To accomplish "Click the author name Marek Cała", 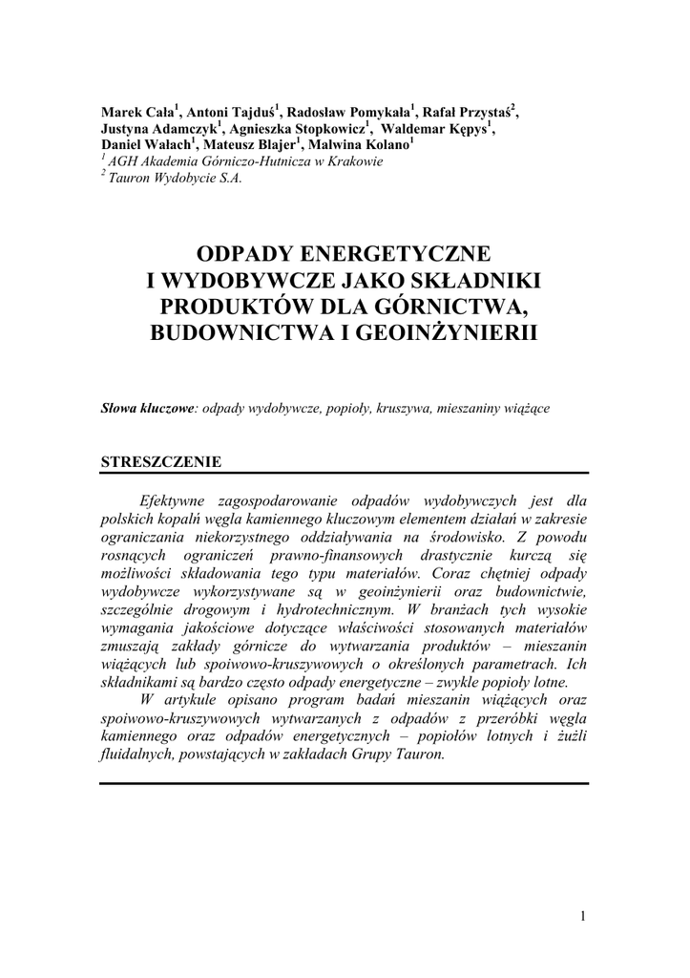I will tap(137, 112).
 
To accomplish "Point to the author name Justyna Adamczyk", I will tap(158, 128).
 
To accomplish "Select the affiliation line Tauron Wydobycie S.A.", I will tap(175, 177).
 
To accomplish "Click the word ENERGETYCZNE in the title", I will tap(396, 255).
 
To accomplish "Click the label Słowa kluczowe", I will tap(148, 408).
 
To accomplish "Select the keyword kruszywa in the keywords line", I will tap(404, 408).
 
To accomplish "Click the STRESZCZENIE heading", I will tap(161, 462).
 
